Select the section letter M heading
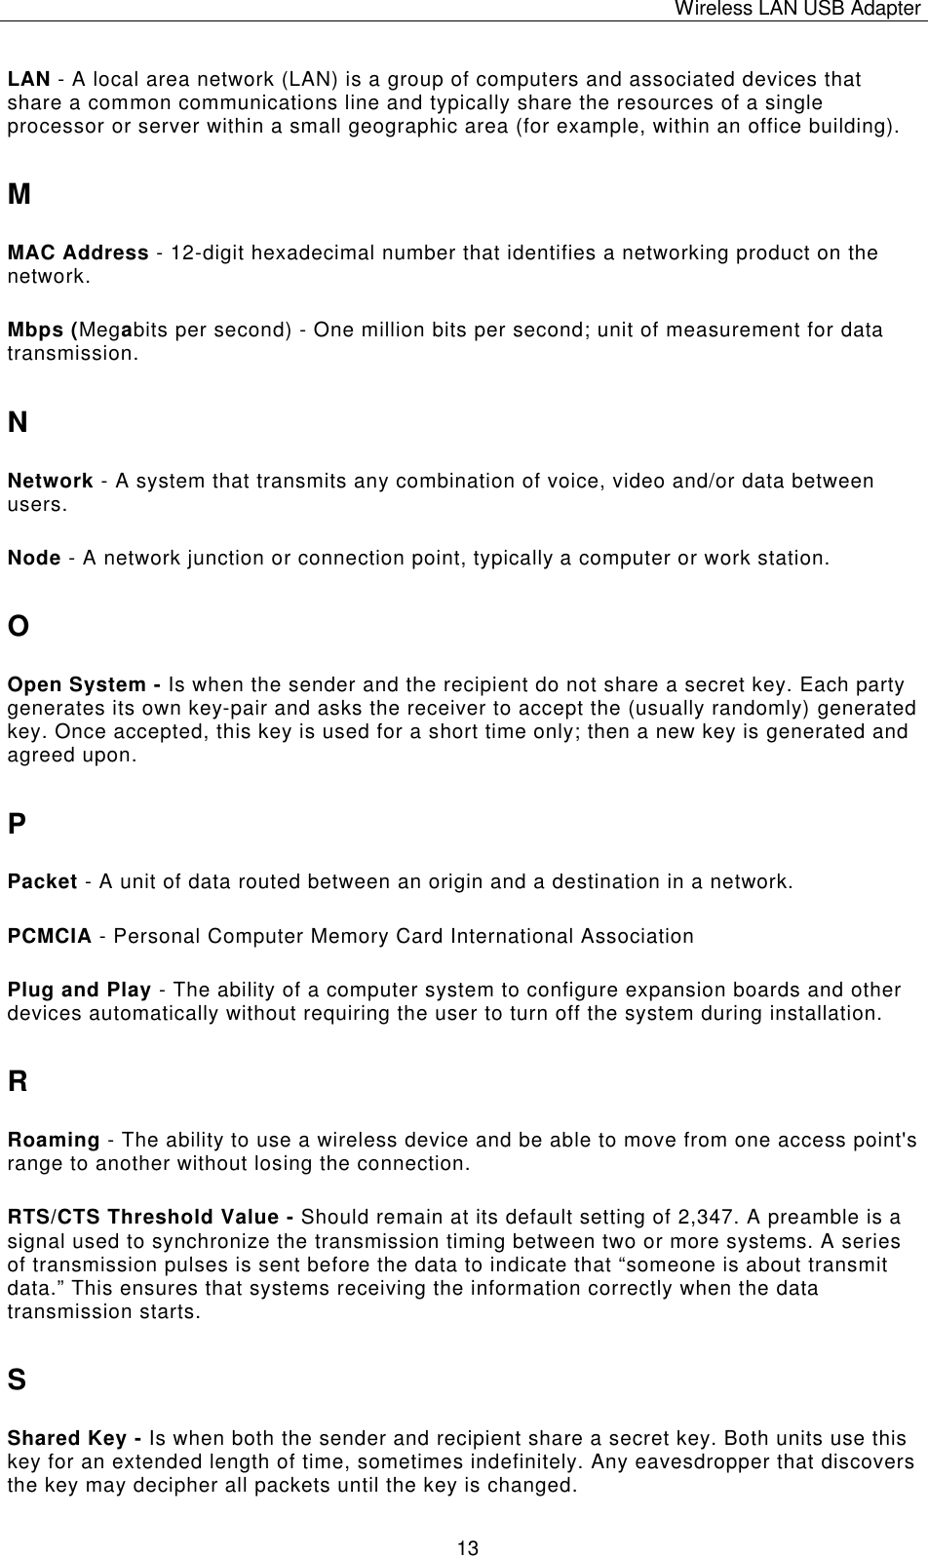point(19,194)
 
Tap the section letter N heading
point(18,423)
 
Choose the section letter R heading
point(18,1082)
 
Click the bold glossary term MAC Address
point(78,253)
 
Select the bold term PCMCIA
point(50,937)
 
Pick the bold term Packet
point(43,883)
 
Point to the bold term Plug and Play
point(79,992)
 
